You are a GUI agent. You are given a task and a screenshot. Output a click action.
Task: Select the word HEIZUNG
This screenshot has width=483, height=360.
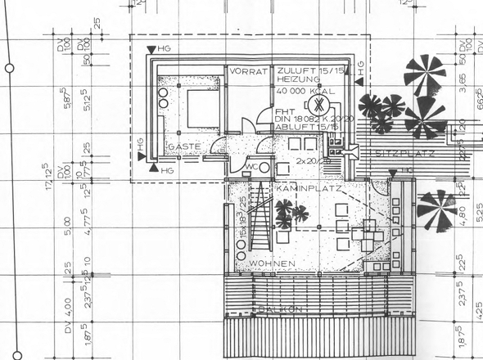coord(296,81)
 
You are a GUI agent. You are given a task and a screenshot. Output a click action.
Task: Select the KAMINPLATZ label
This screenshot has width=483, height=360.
coord(304,188)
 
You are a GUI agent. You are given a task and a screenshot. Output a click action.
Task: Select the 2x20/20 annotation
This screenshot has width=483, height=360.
coord(310,161)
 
